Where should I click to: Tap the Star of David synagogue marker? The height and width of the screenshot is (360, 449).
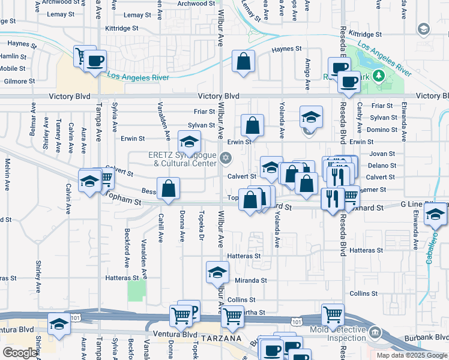226,158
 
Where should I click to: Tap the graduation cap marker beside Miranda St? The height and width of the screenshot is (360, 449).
217,273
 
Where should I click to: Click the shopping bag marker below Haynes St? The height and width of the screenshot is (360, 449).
244,62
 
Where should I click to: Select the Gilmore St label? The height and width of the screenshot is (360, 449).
19,81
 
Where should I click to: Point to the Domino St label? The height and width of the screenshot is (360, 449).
382,130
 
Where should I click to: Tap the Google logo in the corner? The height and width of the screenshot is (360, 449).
20,353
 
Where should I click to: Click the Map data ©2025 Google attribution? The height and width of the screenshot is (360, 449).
411,355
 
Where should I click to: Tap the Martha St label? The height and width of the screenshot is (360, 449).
252,313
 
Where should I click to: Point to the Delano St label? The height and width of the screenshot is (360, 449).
381,165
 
